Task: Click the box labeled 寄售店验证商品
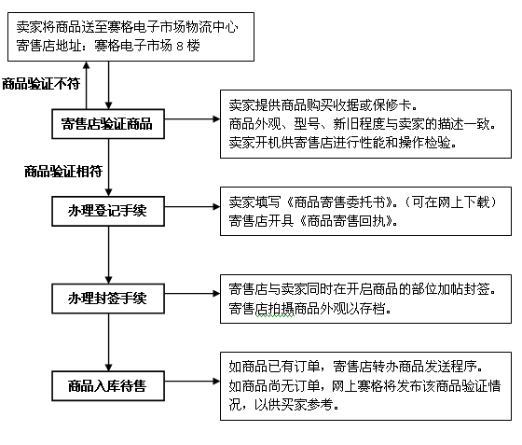coord(108,124)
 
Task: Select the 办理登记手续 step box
coord(108,211)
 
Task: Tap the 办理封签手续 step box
coord(108,299)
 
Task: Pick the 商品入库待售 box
coord(108,385)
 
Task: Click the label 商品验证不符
coord(41,84)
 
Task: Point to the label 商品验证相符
coord(63,172)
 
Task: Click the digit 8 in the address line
coord(180,46)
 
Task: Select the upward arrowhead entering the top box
coord(86,65)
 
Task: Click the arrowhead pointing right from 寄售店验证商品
coord(216,118)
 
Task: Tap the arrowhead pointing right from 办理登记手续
coord(216,207)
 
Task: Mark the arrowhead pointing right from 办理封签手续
coord(216,294)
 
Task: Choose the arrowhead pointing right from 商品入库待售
coord(216,381)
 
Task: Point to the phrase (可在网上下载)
coord(451,202)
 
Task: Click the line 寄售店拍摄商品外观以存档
coord(309,309)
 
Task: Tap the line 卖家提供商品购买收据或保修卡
coord(323,105)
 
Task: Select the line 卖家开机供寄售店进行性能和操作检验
coord(343,143)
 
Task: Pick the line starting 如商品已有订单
coord(356,367)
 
